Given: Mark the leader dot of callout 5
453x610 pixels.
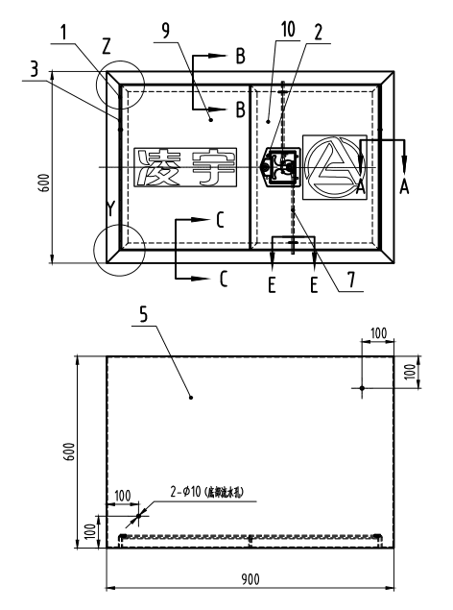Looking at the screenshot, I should click(191, 396).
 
